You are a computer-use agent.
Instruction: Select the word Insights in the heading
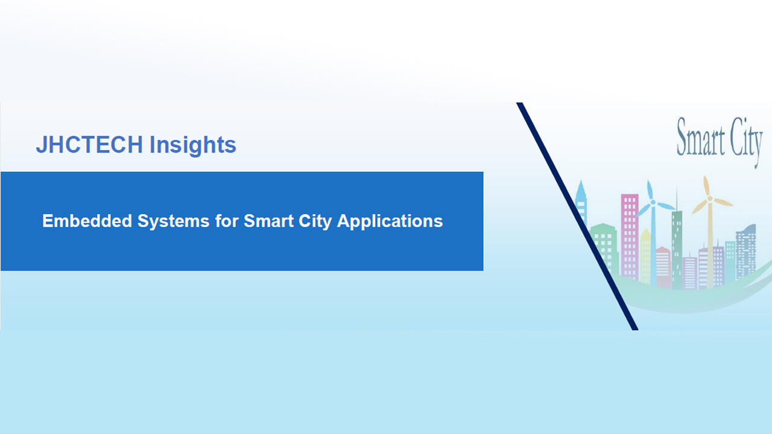pyautogui.click(x=192, y=145)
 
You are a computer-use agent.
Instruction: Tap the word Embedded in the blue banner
pyautogui.click(x=87, y=221)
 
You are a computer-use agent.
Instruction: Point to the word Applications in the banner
pyautogui.click(x=390, y=221)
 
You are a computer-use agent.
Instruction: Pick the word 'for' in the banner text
pyautogui.click(x=227, y=221)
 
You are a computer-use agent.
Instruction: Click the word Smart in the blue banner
pyautogui.click(x=270, y=221)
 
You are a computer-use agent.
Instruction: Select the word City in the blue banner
pyautogui.click(x=317, y=221)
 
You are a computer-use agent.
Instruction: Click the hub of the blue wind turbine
pyautogui.click(x=653, y=203)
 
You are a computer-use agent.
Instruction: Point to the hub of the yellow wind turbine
pyautogui.click(x=710, y=198)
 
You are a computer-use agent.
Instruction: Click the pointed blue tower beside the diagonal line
pyautogui.click(x=581, y=202)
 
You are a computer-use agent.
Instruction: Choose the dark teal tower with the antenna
pyautogui.click(x=677, y=247)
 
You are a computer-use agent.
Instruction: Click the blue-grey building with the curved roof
pyautogui.click(x=746, y=250)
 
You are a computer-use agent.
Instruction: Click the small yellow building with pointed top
pyautogui.click(x=645, y=256)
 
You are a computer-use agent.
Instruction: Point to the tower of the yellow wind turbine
pyautogui.click(x=710, y=247)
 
